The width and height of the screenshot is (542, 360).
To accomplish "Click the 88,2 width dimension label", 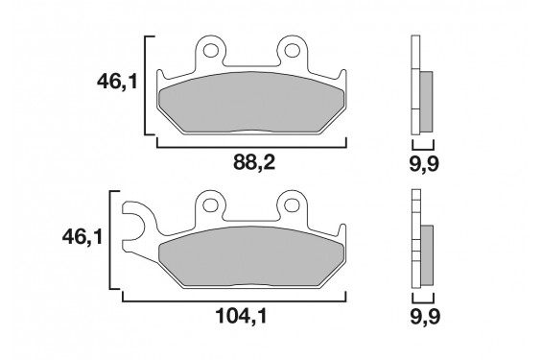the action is [254, 162].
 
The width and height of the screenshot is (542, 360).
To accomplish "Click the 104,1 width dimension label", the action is [242, 316].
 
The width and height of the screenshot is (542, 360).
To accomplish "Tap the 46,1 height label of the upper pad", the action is [117, 83].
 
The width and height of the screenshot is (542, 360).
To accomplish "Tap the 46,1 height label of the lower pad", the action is [82, 237].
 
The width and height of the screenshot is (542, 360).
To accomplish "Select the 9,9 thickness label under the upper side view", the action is [424, 163].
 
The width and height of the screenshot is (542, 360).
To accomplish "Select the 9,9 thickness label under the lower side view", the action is [425, 317].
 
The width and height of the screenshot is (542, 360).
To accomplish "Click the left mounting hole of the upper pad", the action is [209, 51].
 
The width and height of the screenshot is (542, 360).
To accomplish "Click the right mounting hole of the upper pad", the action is [292, 51].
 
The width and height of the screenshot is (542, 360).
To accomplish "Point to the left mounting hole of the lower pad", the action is [209, 205].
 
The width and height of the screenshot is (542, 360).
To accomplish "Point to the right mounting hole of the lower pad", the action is [292, 205].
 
